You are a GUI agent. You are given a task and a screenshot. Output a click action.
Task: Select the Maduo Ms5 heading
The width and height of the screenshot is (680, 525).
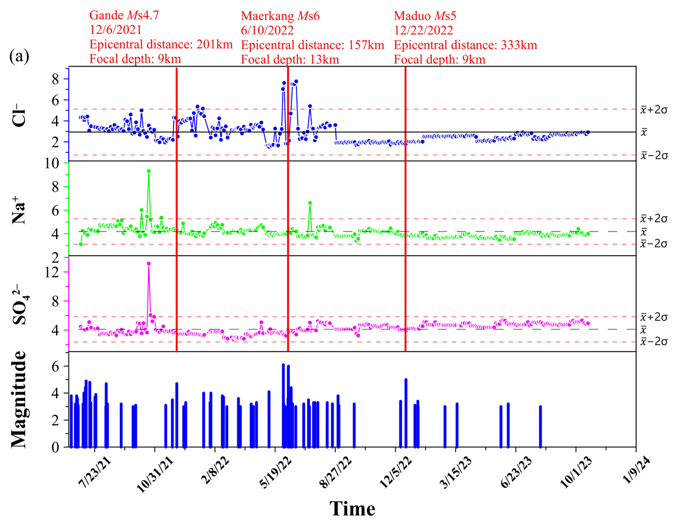pyautogui.click(x=425, y=16)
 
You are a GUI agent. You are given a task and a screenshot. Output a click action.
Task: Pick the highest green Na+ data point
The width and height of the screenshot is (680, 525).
pyautogui.click(x=149, y=171)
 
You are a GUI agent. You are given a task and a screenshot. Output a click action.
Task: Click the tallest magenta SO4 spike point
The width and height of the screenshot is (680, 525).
pyautogui.click(x=149, y=264)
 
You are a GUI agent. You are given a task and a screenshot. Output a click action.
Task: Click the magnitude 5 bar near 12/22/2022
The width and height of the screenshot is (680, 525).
pyautogui.click(x=406, y=413)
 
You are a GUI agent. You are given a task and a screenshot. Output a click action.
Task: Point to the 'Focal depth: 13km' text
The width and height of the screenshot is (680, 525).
pyautogui.click(x=290, y=59)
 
